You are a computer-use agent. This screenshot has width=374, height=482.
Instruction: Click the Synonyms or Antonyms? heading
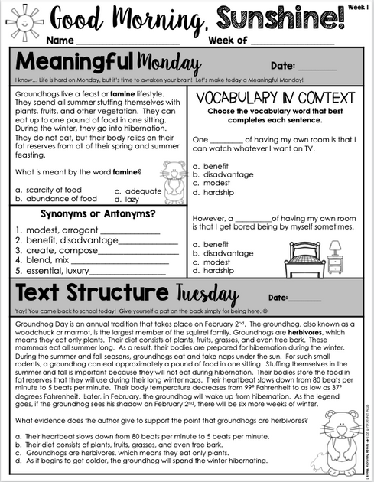(x=97, y=213)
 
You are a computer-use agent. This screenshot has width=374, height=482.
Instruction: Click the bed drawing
(x=304, y=256)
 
